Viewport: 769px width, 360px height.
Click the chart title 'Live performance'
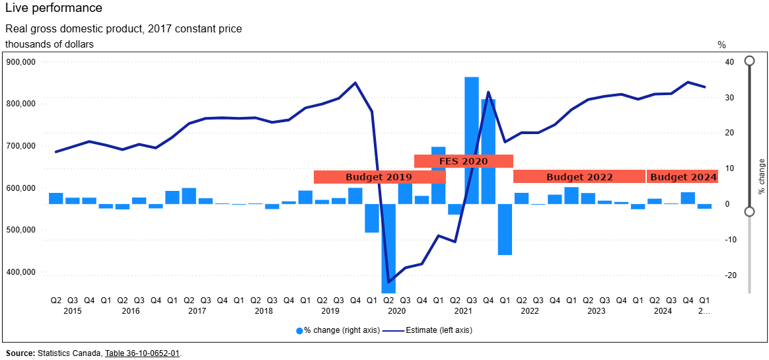pyautogui.click(x=54, y=8)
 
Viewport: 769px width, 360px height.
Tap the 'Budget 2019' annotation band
pyautogui.click(x=379, y=177)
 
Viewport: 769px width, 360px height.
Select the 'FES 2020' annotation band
pyautogui.click(x=463, y=161)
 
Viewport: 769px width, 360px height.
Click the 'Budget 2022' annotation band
pyautogui.click(x=579, y=177)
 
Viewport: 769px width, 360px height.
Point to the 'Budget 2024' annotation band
pyautogui.click(x=683, y=177)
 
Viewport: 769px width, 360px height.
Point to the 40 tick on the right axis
pyautogui.click(x=729, y=62)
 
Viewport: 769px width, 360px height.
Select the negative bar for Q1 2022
pyautogui.click(x=505, y=229)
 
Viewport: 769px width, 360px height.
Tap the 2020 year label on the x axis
pyautogui.click(x=396, y=310)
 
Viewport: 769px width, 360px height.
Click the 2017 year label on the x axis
pyautogui.click(x=197, y=310)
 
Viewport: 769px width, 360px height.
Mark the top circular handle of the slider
pyautogui.click(x=749, y=61)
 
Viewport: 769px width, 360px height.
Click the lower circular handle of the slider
pyautogui.click(x=749, y=211)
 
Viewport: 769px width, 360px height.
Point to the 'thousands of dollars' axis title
pyautogui.click(x=50, y=44)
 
